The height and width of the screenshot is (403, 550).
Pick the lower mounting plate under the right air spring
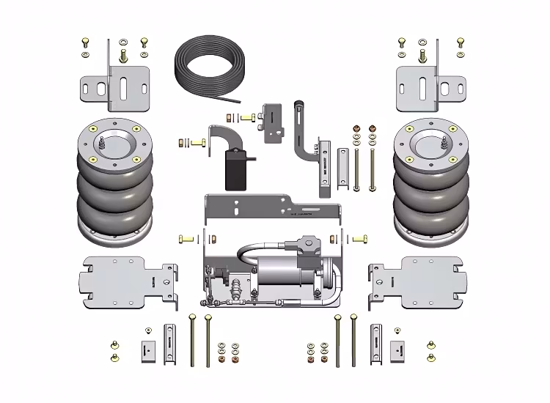click(x=418, y=278)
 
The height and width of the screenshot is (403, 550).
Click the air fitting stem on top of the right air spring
click(x=444, y=147)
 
